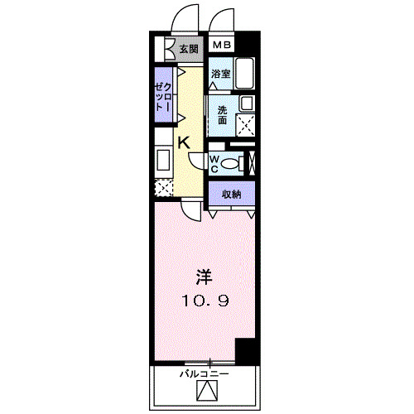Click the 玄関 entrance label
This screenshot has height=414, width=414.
tap(189, 49)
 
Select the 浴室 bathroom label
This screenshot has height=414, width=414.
tap(219, 75)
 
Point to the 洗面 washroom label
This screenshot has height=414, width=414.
tap(223, 115)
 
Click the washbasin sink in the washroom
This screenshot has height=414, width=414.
tap(245, 104)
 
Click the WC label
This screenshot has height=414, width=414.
tap(214, 163)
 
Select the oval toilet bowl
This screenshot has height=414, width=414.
tap(229, 163)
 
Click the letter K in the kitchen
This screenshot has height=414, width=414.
tap(184, 142)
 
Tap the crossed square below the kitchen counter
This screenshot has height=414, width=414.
tap(163, 187)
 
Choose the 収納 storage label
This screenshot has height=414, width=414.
tap(231, 194)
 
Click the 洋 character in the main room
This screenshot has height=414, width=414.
tap(204, 276)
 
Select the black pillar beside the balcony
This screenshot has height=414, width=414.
tap(245, 351)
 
